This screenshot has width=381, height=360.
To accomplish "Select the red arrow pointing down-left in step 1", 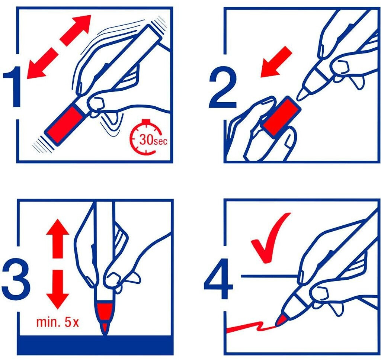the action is pos(41,64).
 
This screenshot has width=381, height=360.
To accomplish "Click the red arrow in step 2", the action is pos(276,62).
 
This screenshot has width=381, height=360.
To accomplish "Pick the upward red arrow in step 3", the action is pos(58,238).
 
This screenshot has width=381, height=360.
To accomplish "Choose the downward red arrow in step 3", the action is pos(58,289).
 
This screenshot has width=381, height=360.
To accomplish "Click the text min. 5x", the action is pos(58,322).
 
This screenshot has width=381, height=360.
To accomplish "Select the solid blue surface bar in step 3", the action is pos(96,345).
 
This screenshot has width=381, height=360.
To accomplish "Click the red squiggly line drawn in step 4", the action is pos(250,327).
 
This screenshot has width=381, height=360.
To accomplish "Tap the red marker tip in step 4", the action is pos(280,320).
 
